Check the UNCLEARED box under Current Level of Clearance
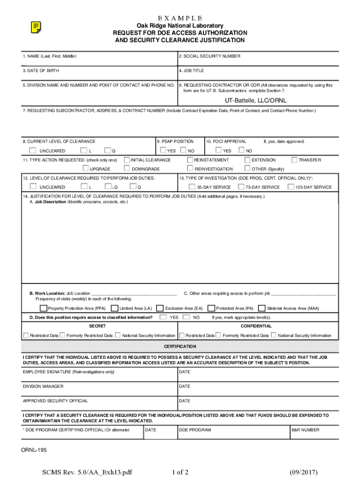point(32,151)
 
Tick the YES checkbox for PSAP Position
point(163,151)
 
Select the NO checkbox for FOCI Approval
point(241,151)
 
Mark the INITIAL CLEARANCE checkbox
point(127,160)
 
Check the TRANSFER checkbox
point(295,160)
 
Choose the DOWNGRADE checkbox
point(127,168)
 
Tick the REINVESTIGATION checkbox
point(190,168)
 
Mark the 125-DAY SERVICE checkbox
point(291,187)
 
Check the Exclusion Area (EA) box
point(160,308)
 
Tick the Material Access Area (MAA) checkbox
point(262,308)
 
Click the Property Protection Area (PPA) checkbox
point(43,308)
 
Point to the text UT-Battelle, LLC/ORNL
point(255,101)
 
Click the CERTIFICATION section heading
point(180,347)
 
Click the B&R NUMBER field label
point(305,429)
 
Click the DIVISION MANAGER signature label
point(43,386)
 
